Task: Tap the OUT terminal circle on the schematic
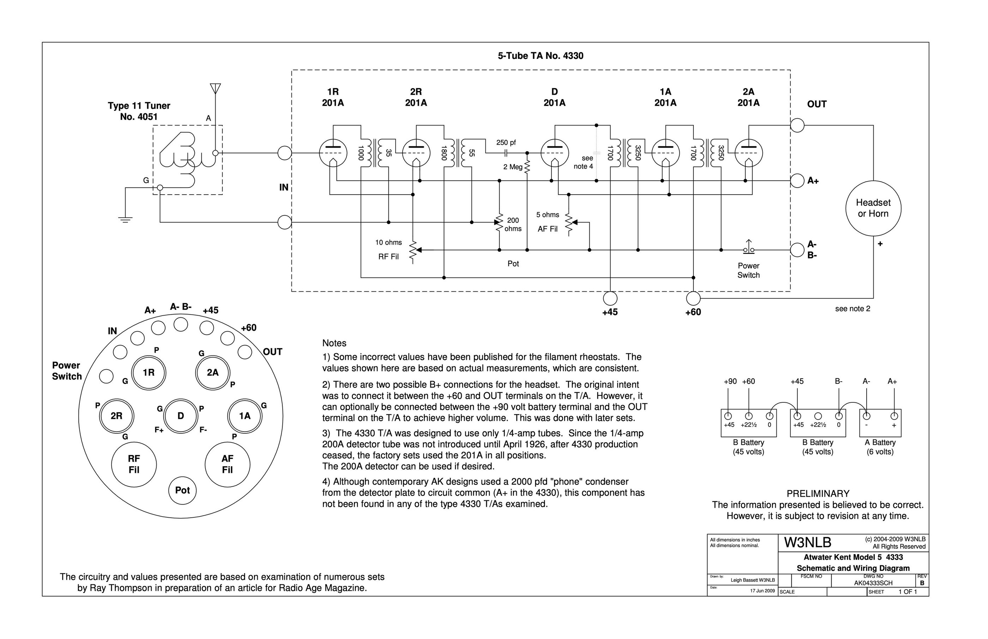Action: [x=797, y=125]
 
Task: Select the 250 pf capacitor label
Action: [x=506, y=143]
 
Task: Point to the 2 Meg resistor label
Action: [x=513, y=167]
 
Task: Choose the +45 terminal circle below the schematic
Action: [x=610, y=298]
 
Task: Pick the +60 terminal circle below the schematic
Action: [x=693, y=298]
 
